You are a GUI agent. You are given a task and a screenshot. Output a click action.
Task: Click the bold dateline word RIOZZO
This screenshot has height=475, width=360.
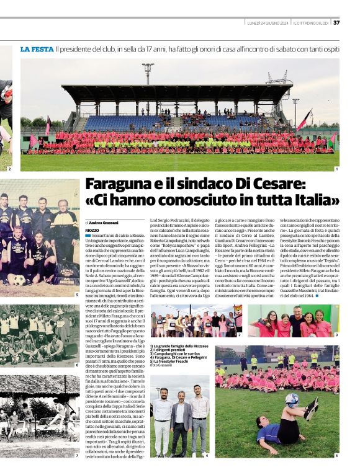tap(94, 229)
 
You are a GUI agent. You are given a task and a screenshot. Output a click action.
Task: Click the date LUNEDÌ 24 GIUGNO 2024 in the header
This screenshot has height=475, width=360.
tap(267, 23)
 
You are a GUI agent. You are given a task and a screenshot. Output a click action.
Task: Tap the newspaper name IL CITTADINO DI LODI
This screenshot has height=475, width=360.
tap(311, 23)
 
